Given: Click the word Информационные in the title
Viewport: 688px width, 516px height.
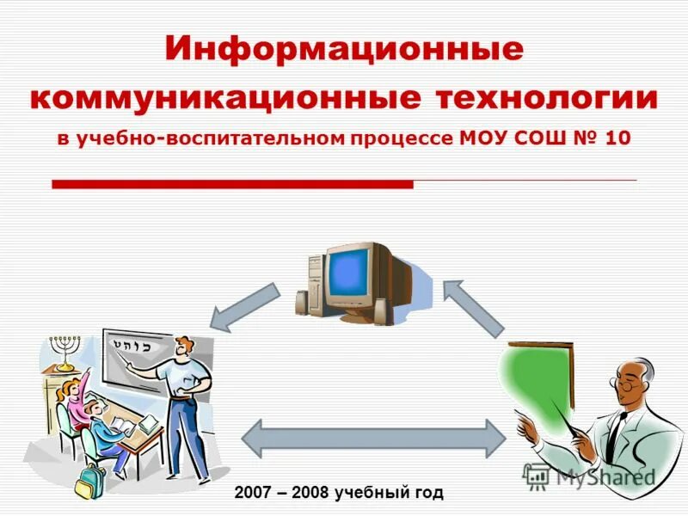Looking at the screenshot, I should tap(344, 49).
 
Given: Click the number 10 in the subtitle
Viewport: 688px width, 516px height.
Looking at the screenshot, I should tap(617, 139).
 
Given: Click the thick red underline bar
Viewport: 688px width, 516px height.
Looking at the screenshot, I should tap(233, 183).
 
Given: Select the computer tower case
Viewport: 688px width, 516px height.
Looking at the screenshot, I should tap(316, 279).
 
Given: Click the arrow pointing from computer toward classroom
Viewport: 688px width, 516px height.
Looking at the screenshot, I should tap(244, 307).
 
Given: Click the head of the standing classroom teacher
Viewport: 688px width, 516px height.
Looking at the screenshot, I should tap(183, 347).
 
